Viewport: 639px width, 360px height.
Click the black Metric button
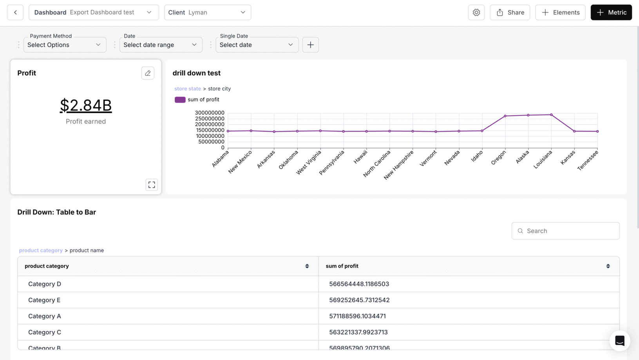tap(611, 13)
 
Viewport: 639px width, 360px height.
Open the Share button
tap(509, 13)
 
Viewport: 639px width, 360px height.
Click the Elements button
tap(560, 13)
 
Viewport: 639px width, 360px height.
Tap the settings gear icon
tap(476, 13)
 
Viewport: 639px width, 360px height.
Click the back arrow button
tap(15, 13)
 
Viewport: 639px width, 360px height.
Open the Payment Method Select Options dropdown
tap(65, 45)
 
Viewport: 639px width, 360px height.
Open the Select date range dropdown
tap(161, 45)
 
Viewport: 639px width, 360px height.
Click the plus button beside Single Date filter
tap(310, 45)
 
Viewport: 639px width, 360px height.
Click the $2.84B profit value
tap(86, 105)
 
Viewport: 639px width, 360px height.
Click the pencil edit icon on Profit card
tap(148, 73)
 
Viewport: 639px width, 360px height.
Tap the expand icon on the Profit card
tap(152, 185)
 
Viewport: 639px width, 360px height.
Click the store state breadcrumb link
tap(187, 89)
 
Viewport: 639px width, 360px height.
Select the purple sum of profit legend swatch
tap(180, 99)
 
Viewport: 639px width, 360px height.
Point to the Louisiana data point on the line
tap(551, 115)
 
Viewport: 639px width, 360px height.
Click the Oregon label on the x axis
tap(499, 158)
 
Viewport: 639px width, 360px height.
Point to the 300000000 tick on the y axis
tap(210, 113)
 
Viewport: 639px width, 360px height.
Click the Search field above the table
tap(565, 231)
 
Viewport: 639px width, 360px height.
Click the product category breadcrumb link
tap(41, 250)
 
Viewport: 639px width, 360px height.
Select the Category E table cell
tap(44, 300)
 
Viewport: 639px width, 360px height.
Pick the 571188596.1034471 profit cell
tap(357, 316)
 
